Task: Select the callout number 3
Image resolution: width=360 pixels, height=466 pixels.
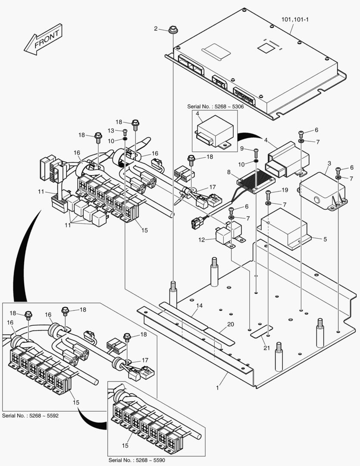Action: tap(329, 164)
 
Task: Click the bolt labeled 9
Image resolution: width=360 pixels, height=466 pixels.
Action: tap(256, 151)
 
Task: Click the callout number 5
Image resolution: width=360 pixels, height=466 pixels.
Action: tap(325, 238)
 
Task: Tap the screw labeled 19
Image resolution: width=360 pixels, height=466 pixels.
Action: tap(268, 193)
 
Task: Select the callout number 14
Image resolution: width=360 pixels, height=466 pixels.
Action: tap(199, 305)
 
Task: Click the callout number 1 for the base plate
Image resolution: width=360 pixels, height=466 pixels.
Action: tap(218, 388)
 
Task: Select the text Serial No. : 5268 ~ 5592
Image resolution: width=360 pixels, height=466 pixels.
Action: tap(30, 416)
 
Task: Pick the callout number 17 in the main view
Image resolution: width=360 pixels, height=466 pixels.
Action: tap(212, 187)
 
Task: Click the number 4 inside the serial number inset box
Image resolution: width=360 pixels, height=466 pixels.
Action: tap(197, 114)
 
